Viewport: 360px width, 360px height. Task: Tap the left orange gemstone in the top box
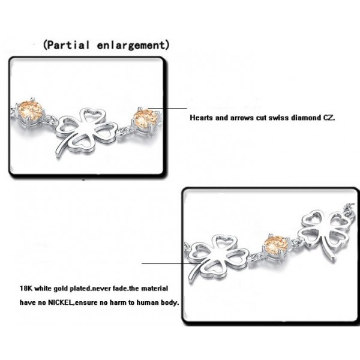tap(31, 112)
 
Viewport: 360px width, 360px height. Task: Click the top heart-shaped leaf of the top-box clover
tap(93, 117)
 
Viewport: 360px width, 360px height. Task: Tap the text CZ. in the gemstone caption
tap(329, 118)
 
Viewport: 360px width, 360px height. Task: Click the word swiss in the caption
tap(279, 118)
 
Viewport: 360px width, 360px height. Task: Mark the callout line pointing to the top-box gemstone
tap(167, 108)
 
